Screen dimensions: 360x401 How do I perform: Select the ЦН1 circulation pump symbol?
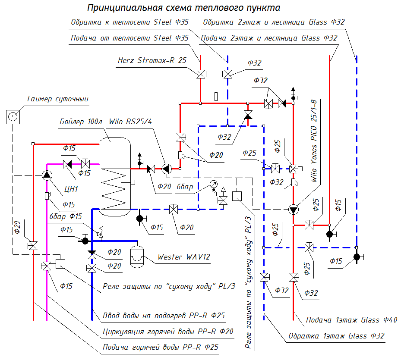(47, 175)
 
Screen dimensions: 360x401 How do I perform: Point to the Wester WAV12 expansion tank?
(137, 255)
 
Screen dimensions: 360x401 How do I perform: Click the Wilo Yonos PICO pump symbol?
(294, 210)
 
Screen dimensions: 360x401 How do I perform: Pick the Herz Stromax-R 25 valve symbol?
(200, 74)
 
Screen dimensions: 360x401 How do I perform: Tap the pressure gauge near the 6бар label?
(213, 184)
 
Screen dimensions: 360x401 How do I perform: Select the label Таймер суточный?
(57, 99)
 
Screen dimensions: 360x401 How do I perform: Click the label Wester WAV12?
(184, 257)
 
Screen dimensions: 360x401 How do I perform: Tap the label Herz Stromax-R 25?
(152, 60)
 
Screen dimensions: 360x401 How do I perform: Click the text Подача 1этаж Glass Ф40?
(351, 320)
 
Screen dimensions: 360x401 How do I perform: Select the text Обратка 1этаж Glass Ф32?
(336, 336)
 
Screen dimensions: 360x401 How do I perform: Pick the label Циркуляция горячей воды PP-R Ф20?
(168, 332)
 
